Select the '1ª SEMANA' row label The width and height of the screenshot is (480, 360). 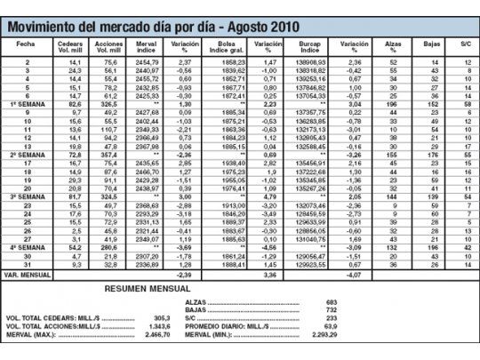coord(27,105)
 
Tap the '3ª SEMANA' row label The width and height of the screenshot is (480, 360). coord(27,195)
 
